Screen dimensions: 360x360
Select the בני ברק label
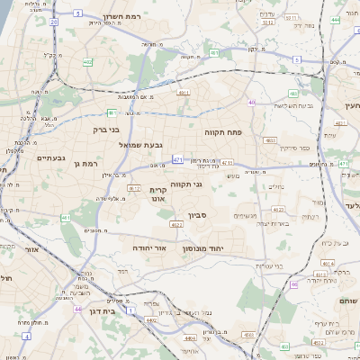87,129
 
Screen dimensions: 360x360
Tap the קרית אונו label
158,194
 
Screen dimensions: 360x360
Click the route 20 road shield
54,21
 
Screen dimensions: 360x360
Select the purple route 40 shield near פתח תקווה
252,103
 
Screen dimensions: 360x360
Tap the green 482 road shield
293,93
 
